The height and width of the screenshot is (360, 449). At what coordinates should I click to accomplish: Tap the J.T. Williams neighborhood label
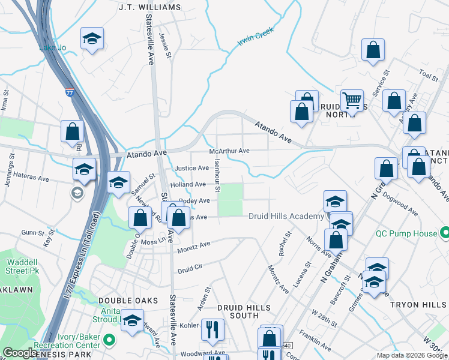point(149,7)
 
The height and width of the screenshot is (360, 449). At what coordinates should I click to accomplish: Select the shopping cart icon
point(351,100)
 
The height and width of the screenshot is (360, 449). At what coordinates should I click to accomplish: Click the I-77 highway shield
point(69,93)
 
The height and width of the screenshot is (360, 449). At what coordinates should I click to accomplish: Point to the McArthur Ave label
point(229,151)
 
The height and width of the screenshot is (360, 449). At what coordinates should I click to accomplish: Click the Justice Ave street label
point(191,168)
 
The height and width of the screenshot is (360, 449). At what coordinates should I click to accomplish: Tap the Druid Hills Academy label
point(286,216)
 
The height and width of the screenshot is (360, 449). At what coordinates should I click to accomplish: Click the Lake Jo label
point(51,47)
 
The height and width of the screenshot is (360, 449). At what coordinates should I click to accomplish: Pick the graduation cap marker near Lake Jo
point(91,39)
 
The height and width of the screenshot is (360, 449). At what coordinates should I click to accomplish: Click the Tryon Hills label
point(418,305)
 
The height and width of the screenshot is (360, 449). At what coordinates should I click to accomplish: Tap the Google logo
point(20,353)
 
